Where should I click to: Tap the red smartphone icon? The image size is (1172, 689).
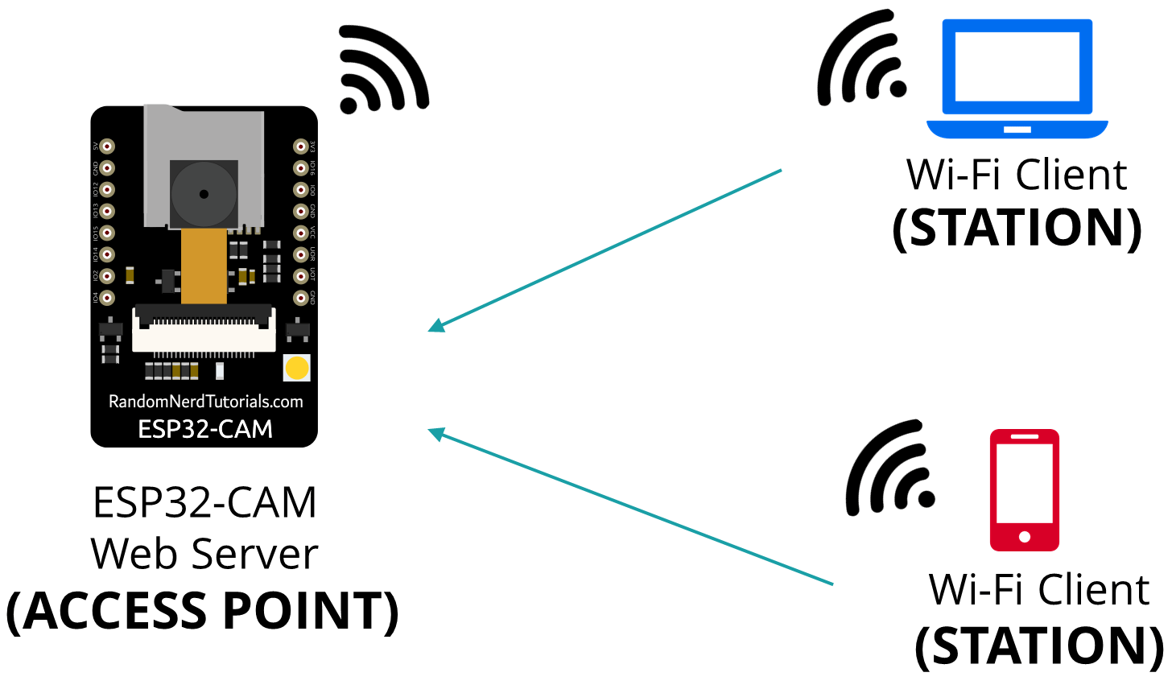click(x=1024, y=490)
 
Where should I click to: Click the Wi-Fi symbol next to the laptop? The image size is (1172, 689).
click(x=860, y=60)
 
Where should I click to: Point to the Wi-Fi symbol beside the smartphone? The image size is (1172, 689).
click(x=889, y=470)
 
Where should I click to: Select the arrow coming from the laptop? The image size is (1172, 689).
click(x=604, y=250)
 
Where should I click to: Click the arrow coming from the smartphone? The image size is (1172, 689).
click(x=628, y=507)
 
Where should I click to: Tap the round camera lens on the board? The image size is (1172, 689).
click(x=204, y=193)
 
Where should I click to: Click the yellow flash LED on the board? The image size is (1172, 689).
click(x=297, y=369)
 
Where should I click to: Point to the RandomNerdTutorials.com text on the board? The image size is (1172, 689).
click(x=205, y=402)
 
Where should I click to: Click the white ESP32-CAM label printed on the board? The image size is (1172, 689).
click(x=205, y=429)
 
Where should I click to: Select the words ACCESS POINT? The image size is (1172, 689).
click(x=203, y=612)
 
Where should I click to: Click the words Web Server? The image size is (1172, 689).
click(x=204, y=555)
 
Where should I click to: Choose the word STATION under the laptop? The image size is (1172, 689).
click(x=1017, y=229)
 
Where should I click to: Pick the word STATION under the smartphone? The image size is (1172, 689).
click(x=1039, y=646)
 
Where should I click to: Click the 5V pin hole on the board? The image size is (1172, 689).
click(x=107, y=146)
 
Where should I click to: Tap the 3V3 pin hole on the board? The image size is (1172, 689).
click(x=300, y=146)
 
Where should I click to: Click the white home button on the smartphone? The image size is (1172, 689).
click(x=1024, y=537)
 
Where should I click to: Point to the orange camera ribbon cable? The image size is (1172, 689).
click(x=204, y=266)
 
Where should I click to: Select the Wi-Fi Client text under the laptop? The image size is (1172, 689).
click(x=1017, y=175)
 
